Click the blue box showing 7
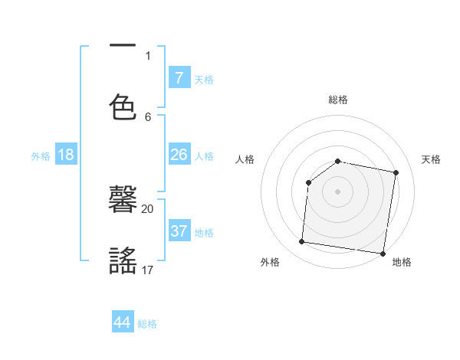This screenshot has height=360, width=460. [179, 77]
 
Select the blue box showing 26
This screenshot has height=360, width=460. [179, 155]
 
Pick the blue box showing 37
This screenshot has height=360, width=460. [179, 231]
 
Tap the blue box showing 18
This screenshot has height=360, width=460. [66, 155]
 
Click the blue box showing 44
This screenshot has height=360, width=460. [123, 322]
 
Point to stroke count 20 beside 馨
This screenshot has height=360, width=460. [148, 208]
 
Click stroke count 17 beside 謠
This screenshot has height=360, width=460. [148, 270]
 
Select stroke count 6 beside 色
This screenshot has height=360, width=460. [148, 116]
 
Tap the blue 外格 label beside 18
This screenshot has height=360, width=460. [41, 156]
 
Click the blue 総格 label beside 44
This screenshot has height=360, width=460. [147, 324]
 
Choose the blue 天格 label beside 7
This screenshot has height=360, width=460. [204, 79]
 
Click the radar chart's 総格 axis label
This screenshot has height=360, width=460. [338, 100]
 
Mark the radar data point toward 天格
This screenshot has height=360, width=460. [396, 173]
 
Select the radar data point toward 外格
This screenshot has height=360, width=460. [301, 242]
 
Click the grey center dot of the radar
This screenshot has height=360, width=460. [338, 191]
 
